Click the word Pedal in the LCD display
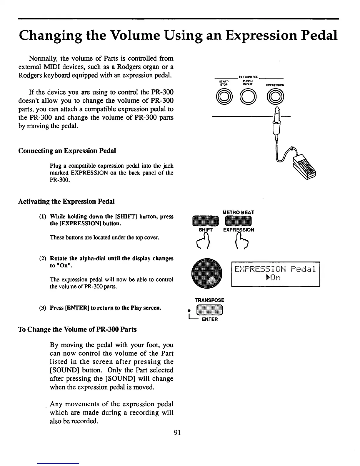303,269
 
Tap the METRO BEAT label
239,212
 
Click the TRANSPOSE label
209,300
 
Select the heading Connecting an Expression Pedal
67,151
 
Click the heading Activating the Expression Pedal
66,202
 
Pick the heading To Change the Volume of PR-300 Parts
77,329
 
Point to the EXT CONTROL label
249,77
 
